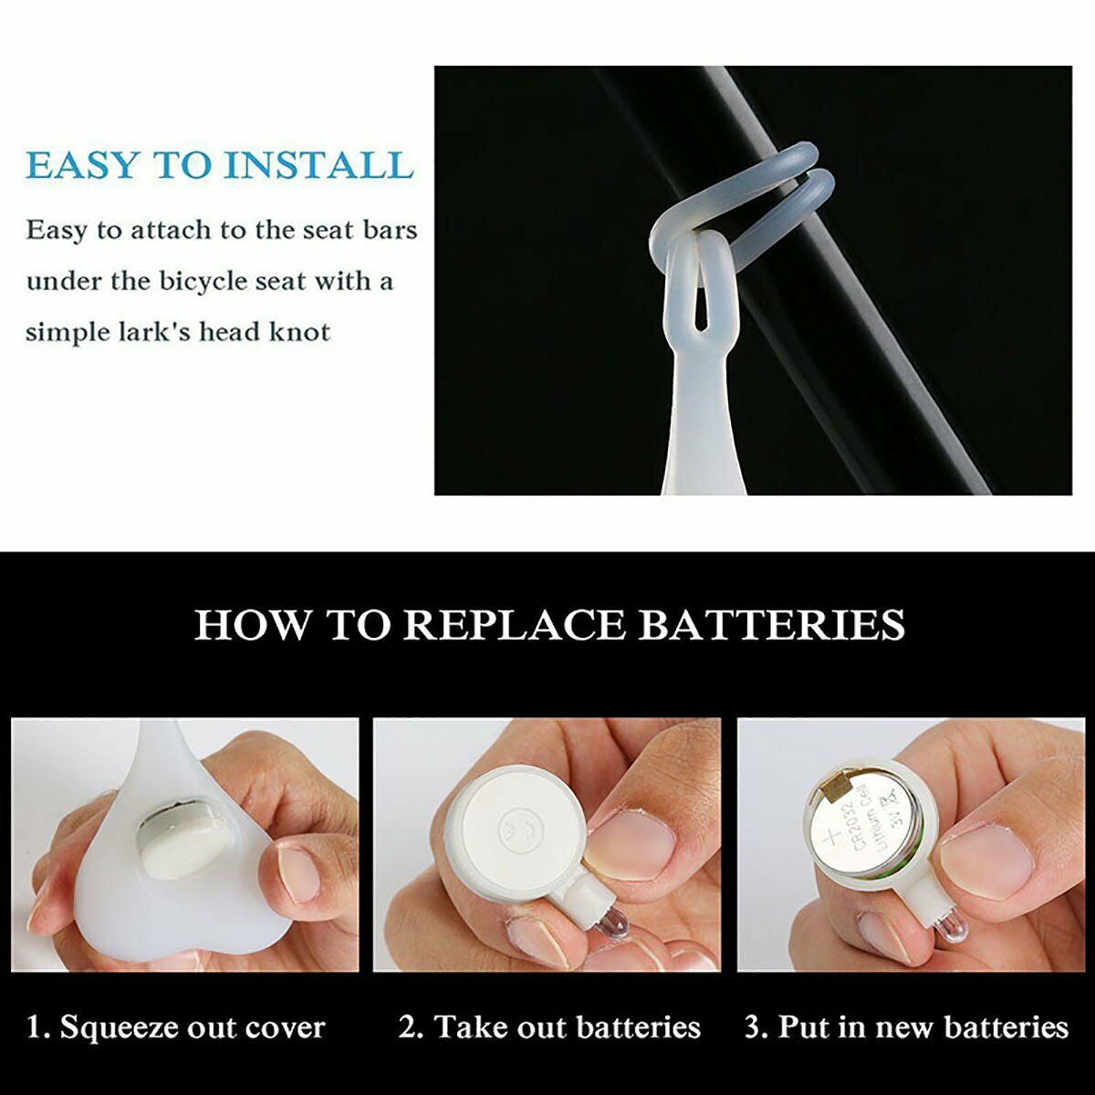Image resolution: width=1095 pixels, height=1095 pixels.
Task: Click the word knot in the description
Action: click(299, 331)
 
